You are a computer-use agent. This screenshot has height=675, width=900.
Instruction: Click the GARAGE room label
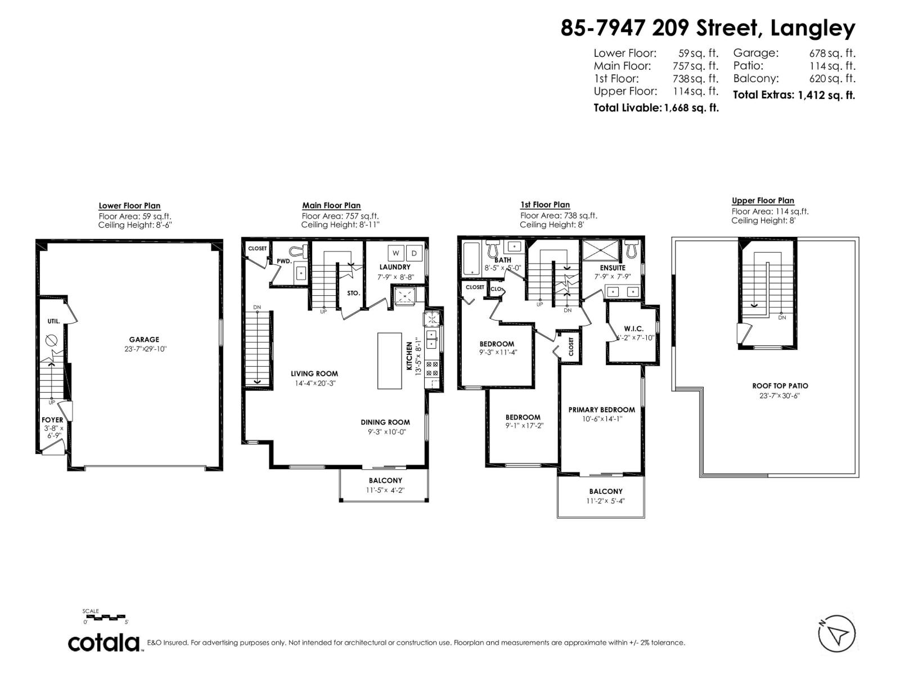coord(144,339)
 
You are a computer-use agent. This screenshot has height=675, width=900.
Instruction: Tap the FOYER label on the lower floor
coord(52,420)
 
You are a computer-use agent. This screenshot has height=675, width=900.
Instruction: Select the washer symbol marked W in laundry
coord(395,253)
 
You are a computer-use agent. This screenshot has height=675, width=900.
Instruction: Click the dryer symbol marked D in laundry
coord(414,253)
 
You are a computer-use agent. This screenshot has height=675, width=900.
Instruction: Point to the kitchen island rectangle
coord(390,360)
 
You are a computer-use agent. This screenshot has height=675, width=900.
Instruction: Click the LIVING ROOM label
coord(314,373)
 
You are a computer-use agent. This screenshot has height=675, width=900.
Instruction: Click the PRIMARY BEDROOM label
coord(601,409)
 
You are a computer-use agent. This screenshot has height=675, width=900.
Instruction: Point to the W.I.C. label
coord(633,328)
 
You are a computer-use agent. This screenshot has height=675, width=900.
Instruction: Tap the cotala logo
coord(104,642)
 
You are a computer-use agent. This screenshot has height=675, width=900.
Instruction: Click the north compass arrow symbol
coord(837,634)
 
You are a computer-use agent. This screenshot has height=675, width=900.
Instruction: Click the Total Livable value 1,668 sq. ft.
coord(691,108)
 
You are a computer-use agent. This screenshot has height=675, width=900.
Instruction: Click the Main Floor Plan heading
coord(331,205)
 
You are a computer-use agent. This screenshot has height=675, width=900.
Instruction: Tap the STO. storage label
coord(353,293)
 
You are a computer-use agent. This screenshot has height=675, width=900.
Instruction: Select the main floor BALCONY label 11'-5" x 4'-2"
coord(385,480)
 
